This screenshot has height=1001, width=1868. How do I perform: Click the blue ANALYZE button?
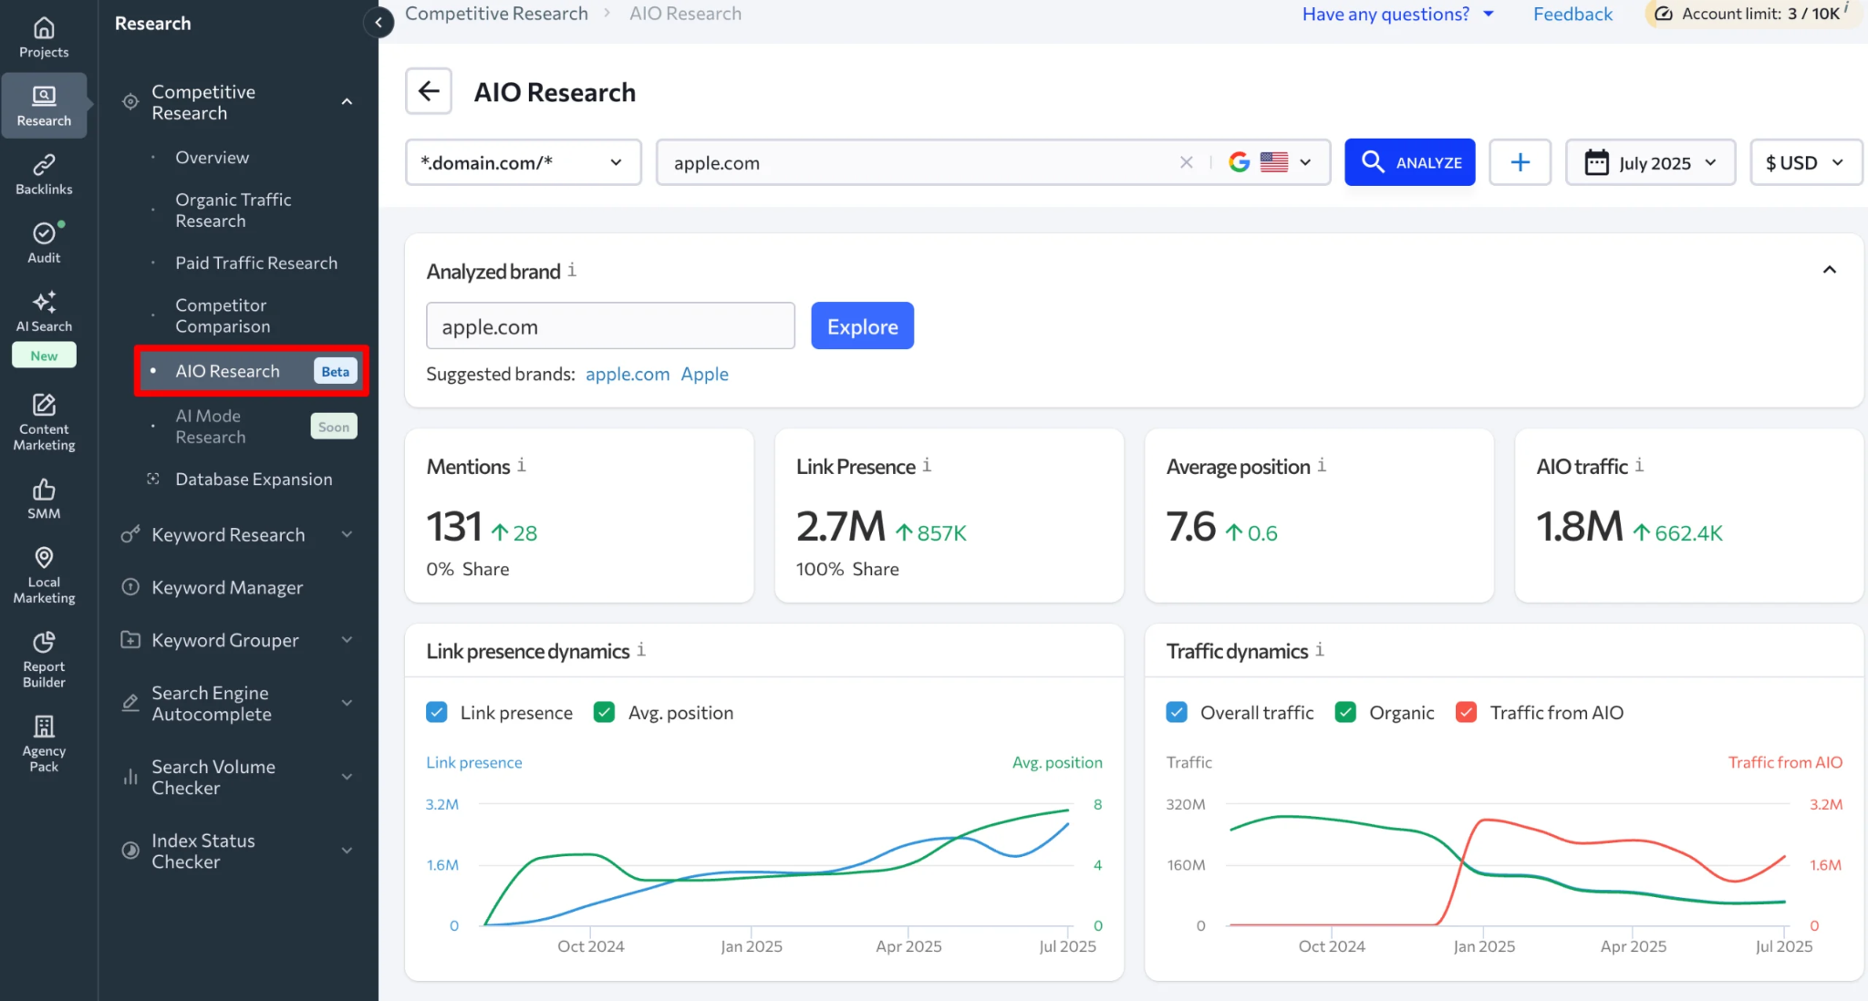pyautogui.click(x=1409, y=162)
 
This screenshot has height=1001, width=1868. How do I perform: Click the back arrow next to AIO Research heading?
pyautogui.click(x=429, y=91)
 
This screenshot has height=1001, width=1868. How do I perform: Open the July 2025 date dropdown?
pyautogui.click(x=1650, y=162)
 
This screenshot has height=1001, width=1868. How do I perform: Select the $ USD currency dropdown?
pyautogui.click(x=1804, y=162)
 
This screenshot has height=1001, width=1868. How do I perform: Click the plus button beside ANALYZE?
pyautogui.click(x=1520, y=162)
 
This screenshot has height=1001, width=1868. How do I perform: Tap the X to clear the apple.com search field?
pyautogui.click(x=1186, y=162)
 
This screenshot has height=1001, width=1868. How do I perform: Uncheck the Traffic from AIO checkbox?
pyautogui.click(x=1466, y=712)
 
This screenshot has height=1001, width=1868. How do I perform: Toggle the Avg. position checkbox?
pyautogui.click(x=604, y=712)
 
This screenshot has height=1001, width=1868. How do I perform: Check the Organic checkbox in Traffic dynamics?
pyautogui.click(x=1345, y=712)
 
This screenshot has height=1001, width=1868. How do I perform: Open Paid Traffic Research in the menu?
pyautogui.click(x=256, y=263)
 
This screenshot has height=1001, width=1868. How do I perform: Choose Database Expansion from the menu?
pyautogui.click(x=254, y=479)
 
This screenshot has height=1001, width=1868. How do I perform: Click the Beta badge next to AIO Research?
pyautogui.click(x=335, y=371)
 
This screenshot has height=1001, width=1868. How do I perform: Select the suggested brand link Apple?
pyautogui.click(x=704, y=374)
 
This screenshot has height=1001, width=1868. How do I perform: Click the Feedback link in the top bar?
pyautogui.click(x=1572, y=14)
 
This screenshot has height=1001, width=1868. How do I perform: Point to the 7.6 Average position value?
pyautogui.click(x=1191, y=527)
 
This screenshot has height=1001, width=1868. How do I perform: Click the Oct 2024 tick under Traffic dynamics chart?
pyautogui.click(x=1332, y=946)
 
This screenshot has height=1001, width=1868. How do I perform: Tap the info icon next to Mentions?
pyautogui.click(x=522, y=466)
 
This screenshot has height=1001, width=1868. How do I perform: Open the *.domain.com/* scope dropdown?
pyautogui.click(x=523, y=162)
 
